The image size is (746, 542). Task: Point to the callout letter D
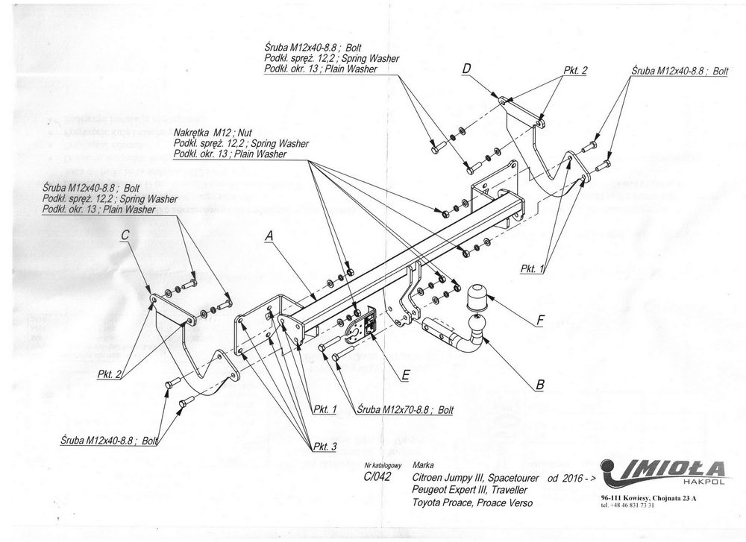(467, 69)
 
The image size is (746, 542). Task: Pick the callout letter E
(405, 376)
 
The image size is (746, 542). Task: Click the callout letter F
(540, 321)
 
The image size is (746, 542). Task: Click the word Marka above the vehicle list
(422, 464)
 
